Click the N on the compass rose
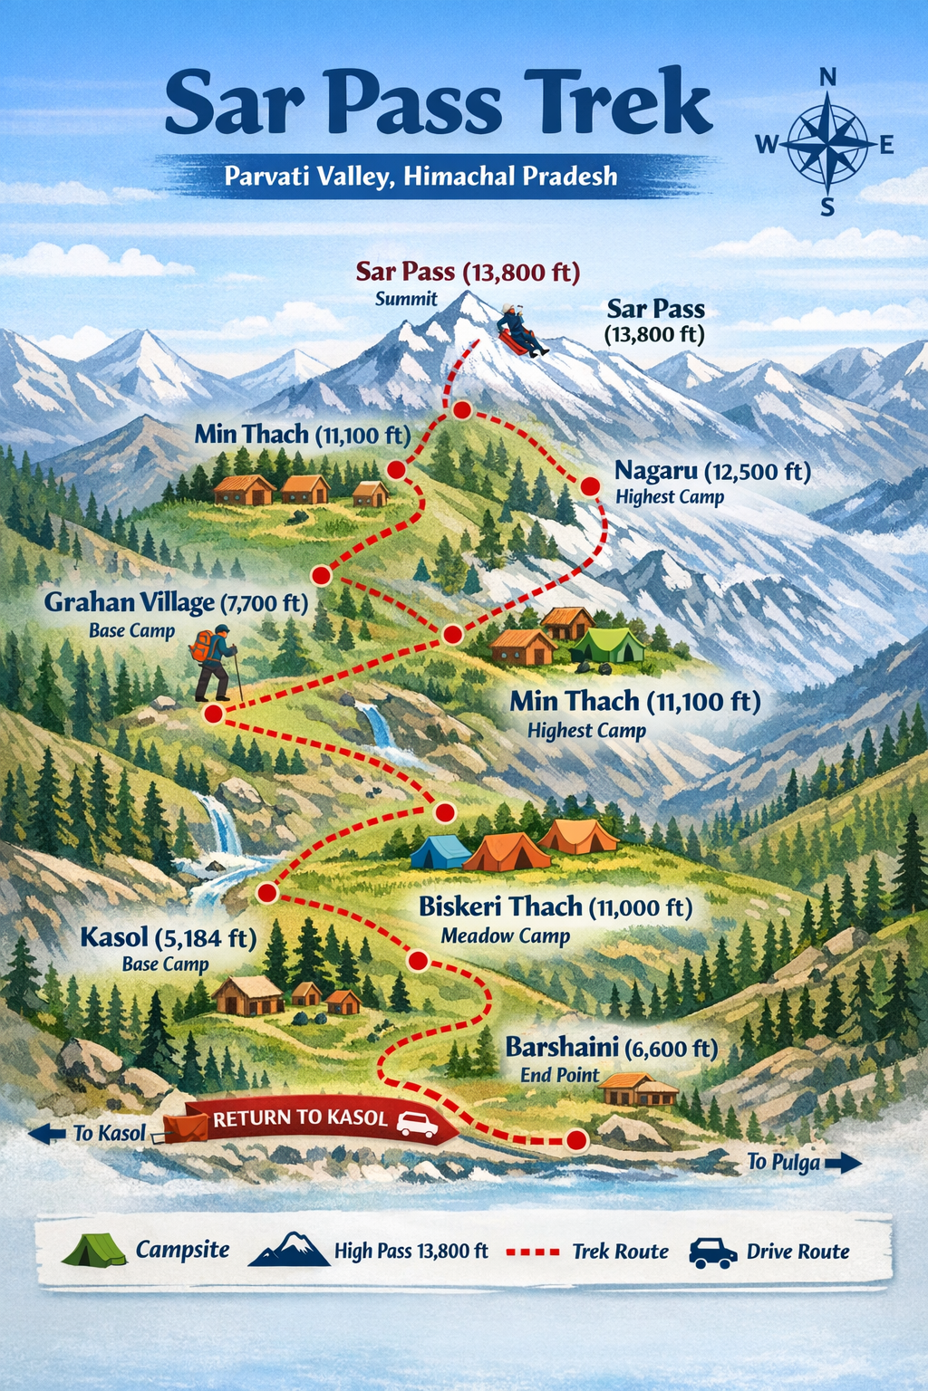pyautogui.click(x=827, y=78)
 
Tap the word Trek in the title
pyautogui.click(x=620, y=105)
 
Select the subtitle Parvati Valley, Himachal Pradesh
pyautogui.click(x=420, y=176)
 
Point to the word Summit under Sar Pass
pyautogui.click(x=406, y=299)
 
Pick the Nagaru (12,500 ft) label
pyautogui.click(x=712, y=471)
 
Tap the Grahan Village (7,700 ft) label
pyautogui.click(x=176, y=602)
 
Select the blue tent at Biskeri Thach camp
pyautogui.click(x=440, y=852)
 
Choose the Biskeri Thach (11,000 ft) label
pyautogui.click(x=555, y=907)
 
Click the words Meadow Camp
pyautogui.click(x=505, y=936)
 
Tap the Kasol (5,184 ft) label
pyautogui.click(x=168, y=937)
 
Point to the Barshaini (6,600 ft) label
pyautogui.click(x=611, y=1048)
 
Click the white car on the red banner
pyautogui.click(x=417, y=1124)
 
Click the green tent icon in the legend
pyautogui.click(x=94, y=1251)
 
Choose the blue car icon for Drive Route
pyautogui.click(x=712, y=1252)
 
